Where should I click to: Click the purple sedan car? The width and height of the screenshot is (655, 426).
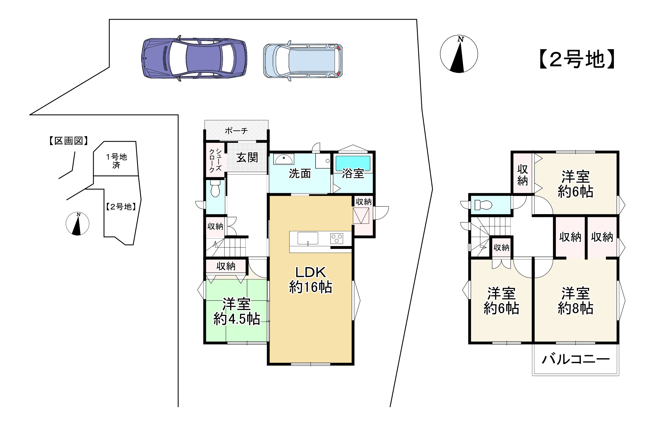point(194,58)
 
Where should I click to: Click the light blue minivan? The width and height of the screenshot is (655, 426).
point(303,61)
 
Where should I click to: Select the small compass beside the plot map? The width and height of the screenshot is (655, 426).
point(77,224)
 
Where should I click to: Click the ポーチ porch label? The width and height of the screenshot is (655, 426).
point(236,131)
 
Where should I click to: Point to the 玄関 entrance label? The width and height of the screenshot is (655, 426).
point(247,158)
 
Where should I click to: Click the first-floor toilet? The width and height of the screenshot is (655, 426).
point(216,188)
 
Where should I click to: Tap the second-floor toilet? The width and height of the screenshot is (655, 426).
point(483,205)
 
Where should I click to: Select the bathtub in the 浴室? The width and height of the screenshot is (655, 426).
point(353,163)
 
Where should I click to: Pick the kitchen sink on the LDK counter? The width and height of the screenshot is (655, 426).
point(308,238)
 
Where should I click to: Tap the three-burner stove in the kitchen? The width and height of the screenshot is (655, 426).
point(337,238)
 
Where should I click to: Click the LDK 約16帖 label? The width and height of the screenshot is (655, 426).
point(310,280)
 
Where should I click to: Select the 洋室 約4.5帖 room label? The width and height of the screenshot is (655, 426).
point(237,311)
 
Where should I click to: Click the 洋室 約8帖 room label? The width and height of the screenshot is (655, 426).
point(575,301)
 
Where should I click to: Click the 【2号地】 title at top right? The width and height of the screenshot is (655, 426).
point(577,59)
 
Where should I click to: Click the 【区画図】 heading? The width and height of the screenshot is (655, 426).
point(68,141)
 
